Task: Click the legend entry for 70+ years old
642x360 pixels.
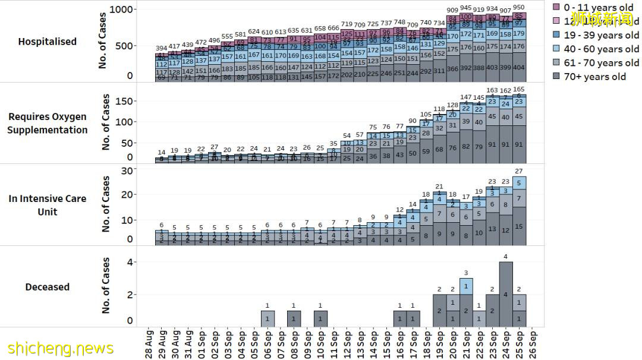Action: (595, 77)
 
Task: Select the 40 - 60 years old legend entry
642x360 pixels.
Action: (601, 49)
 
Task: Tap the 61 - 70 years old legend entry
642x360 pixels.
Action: (601, 63)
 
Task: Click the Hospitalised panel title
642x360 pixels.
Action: (48, 42)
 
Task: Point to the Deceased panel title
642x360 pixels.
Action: (48, 287)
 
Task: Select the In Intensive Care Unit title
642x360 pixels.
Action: (48, 205)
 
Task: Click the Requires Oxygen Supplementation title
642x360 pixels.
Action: (48, 123)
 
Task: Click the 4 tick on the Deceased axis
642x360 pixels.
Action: (130, 262)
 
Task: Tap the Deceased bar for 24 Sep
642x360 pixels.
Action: (506, 294)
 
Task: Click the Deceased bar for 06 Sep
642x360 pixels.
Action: (267, 318)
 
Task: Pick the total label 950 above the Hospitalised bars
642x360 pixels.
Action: (519, 8)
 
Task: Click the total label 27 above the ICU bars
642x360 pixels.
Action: (519, 172)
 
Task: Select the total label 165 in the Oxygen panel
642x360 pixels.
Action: (519, 89)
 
